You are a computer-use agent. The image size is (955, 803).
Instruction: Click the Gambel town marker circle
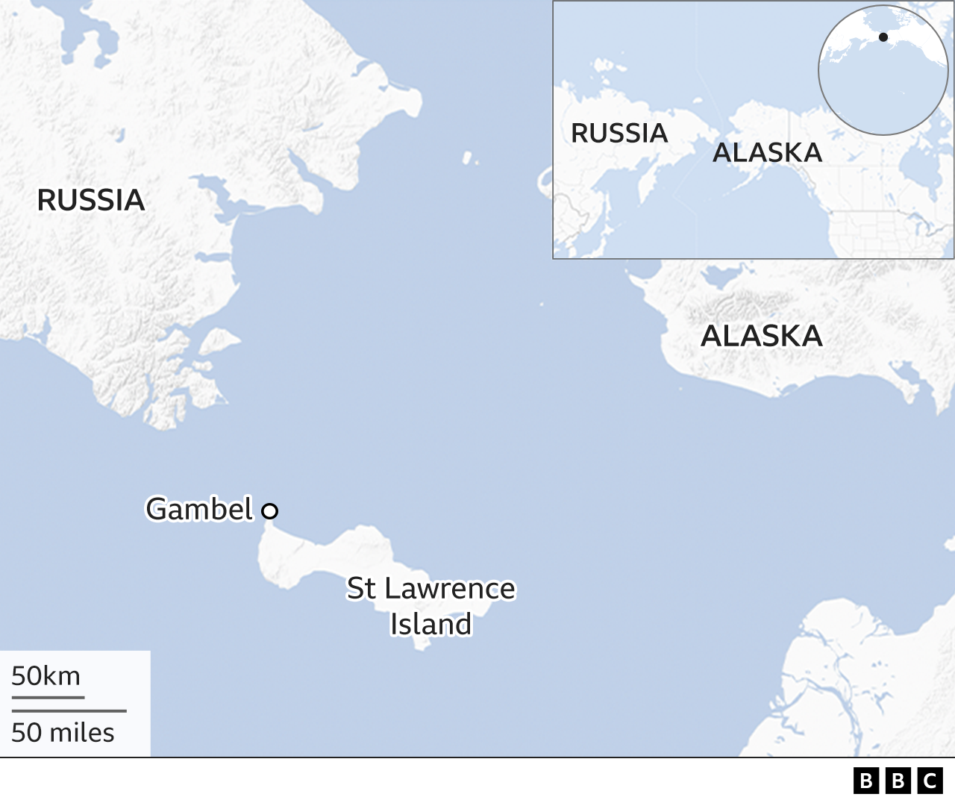click(270, 511)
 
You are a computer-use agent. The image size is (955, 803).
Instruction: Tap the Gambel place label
click(200, 509)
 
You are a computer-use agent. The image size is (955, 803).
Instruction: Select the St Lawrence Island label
click(431, 606)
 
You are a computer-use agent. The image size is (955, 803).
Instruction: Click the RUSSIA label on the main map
click(91, 200)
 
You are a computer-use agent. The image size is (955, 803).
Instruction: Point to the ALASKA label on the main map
click(762, 336)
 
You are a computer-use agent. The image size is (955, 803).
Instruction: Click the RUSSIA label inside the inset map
click(619, 133)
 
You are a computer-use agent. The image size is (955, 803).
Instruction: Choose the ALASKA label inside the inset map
click(767, 152)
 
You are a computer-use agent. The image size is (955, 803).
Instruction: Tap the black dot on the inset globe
click(883, 37)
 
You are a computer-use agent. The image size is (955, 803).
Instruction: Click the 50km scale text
click(46, 676)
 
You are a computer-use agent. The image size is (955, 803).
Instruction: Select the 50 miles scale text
click(63, 733)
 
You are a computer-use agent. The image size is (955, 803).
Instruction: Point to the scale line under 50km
click(48, 698)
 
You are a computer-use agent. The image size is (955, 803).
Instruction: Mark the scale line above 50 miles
click(69, 711)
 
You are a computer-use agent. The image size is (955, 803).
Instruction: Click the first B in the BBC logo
click(865, 781)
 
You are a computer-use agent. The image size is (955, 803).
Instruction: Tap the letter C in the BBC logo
click(930, 781)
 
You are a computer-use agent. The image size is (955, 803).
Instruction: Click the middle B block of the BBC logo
click(898, 781)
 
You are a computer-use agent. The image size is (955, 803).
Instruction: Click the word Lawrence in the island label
click(450, 589)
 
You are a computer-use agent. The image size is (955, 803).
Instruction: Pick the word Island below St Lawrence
click(431, 625)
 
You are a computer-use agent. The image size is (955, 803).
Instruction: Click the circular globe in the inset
click(883, 70)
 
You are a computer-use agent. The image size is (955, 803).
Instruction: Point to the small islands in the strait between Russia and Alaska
click(469, 158)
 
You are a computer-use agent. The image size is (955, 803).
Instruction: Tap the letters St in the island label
click(361, 589)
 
